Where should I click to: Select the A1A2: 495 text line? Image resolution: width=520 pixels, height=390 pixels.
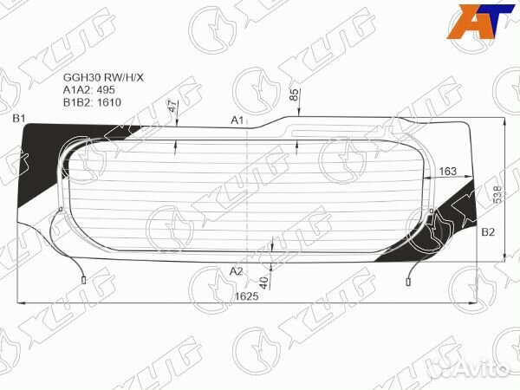(88, 88)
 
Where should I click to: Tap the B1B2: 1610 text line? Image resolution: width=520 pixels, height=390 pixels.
(92, 101)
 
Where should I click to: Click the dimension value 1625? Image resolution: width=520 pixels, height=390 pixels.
(247, 296)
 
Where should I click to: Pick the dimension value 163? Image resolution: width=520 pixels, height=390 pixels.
(448, 172)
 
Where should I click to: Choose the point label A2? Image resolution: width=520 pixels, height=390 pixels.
(236, 271)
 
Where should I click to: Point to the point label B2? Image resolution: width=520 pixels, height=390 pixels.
(487, 233)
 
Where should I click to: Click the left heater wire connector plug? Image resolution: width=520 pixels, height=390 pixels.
(83, 280)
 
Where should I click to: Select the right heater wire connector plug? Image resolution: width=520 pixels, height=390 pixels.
(410, 280)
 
